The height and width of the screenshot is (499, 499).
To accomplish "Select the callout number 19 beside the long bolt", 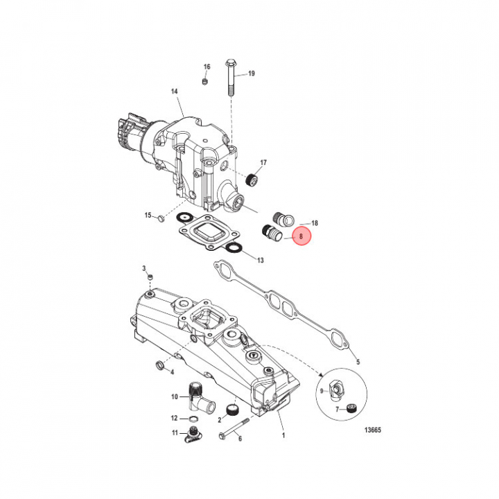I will click(251, 73).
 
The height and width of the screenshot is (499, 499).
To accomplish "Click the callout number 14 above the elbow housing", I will click(175, 92).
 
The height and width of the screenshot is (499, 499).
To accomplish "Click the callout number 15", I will click(148, 216).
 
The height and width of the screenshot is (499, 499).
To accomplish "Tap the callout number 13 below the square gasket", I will click(260, 261).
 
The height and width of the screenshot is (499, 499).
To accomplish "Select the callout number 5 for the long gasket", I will click(358, 361).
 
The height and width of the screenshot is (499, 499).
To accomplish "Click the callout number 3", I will click(143, 268).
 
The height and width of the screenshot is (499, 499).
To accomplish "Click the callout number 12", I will click(175, 419).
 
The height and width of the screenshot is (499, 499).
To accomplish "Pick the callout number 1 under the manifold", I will click(283, 435).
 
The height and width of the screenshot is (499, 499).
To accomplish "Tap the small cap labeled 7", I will click(352, 408).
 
